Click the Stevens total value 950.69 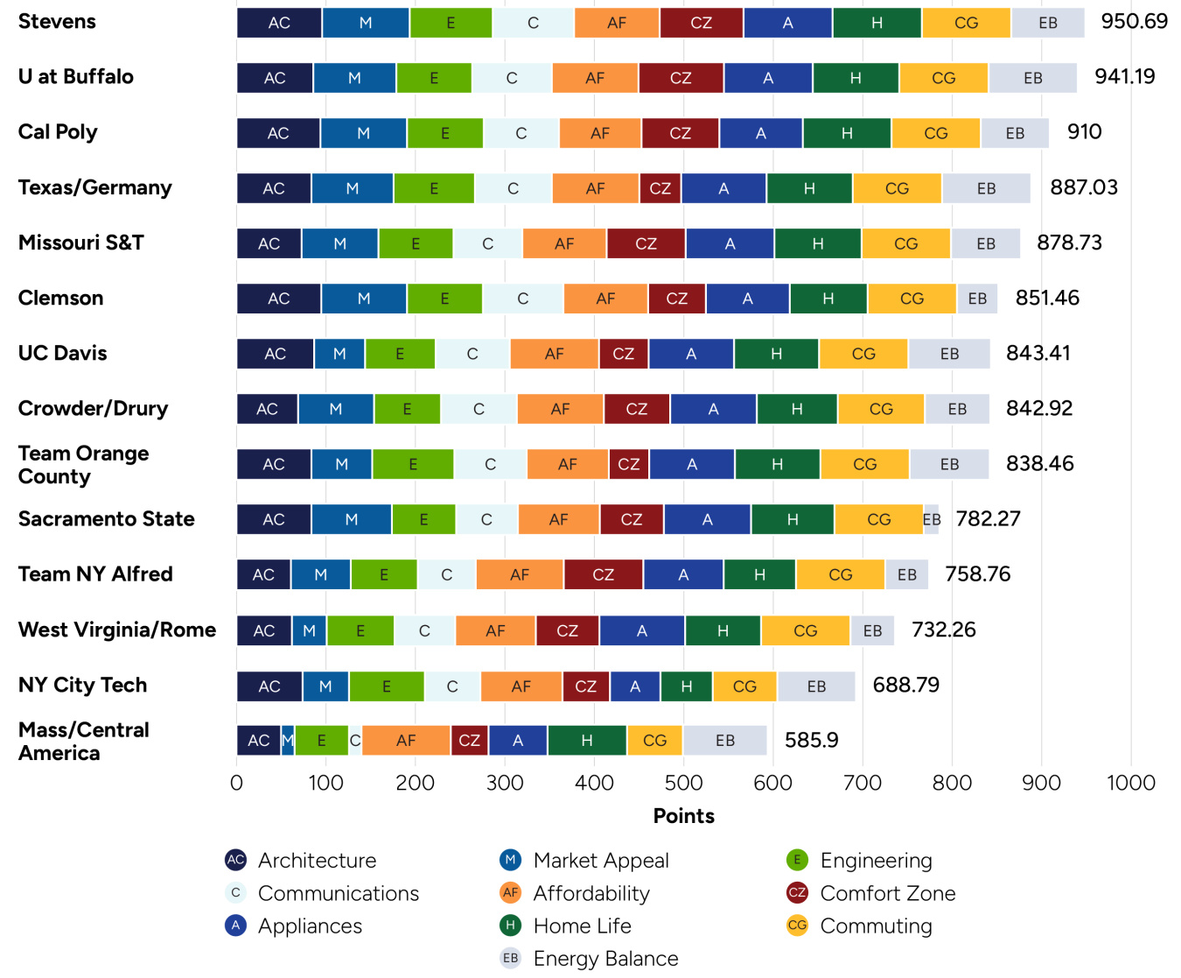pos(1134,22)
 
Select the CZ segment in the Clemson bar pos(676,299)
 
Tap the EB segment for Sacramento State pos(932,519)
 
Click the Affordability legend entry pos(590,893)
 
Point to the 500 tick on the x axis pos(683,783)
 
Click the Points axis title pos(683,816)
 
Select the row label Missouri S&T pos(81,243)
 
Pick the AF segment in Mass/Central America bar pos(406,741)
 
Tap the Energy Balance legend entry pos(605,959)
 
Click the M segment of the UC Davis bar pos(339,354)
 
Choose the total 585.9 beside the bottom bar pos(811,741)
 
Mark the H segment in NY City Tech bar pos(687,686)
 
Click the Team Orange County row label pos(83,465)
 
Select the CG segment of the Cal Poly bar pos(935,133)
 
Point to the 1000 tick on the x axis pos(1130,783)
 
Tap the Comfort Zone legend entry pos(887,893)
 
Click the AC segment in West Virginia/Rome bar pos(264,630)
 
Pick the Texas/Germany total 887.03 pos(1084,187)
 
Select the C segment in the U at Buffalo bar pos(512,78)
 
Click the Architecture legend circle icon pos(235,860)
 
